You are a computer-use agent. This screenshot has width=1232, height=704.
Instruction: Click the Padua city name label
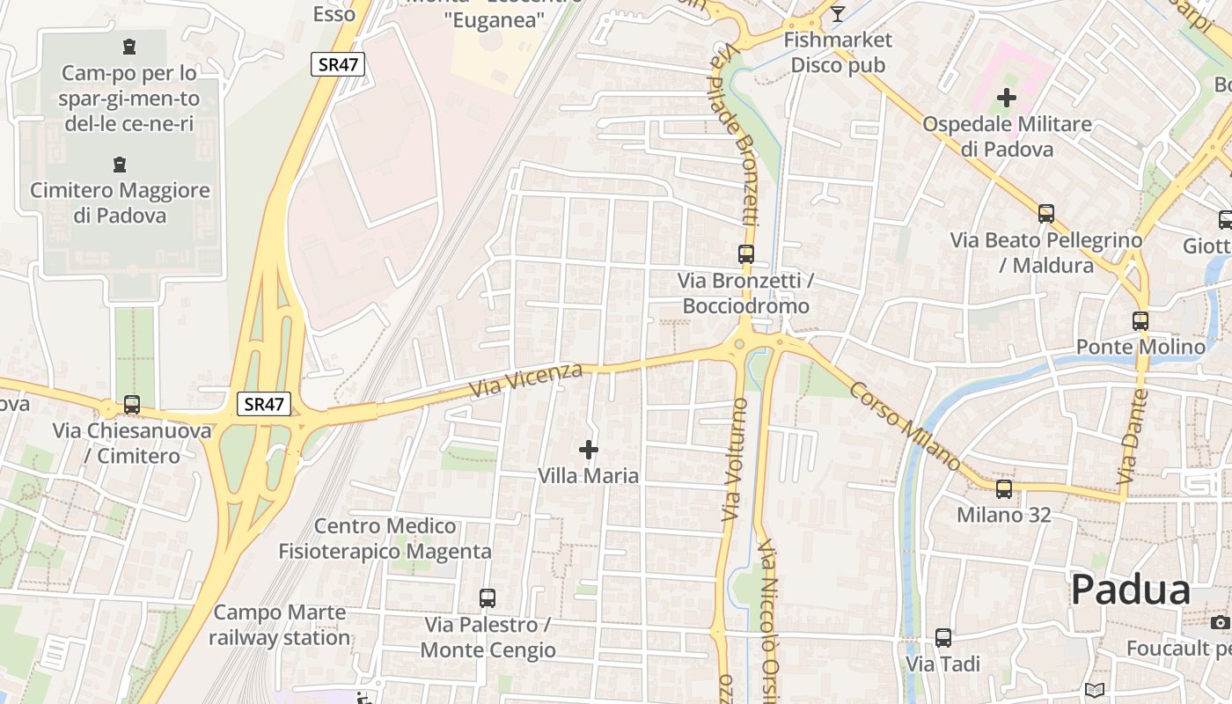pyautogui.click(x=1131, y=590)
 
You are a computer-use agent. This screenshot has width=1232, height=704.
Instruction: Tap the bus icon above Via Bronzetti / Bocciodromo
pyautogui.click(x=746, y=254)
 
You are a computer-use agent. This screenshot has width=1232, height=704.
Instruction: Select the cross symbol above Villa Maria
pyautogui.click(x=589, y=451)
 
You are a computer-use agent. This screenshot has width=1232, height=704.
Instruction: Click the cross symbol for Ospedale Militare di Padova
pyautogui.click(x=1007, y=98)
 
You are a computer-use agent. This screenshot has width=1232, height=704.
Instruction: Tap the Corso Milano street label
pyautogui.click(x=906, y=425)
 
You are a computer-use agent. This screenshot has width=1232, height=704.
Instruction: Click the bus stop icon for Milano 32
pyautogui.click(x=1004, y=489)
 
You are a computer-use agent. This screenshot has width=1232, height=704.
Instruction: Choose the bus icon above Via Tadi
pyautogui.click(x=943, y=638)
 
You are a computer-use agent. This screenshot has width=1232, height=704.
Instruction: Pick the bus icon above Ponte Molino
pyautogui.click(x=1140, y=321)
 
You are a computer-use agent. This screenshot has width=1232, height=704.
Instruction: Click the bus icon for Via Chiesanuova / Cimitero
pyautogui.click(x=132, y=405)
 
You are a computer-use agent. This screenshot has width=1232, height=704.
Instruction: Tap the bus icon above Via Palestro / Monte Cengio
pyautogui.click(x=488, y=598)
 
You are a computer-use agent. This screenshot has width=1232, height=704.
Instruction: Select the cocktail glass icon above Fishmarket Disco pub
pyautogui.click(x=837, y=13)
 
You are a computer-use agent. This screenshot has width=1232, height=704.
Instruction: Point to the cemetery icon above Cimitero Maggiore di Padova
pyautogui.click(x=119, y=165)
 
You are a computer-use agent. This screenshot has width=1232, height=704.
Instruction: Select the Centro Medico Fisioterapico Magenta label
pyautogui.click(x=385, y=539)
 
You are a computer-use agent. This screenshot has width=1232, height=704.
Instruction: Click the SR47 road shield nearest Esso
pyautogui.click(x=337, y=63)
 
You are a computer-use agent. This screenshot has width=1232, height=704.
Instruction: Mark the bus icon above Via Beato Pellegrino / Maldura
pyautogui.click(x=1046, y=214)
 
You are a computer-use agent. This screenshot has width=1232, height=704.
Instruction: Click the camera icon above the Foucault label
pyautogui.click(x=1220, y=622)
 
